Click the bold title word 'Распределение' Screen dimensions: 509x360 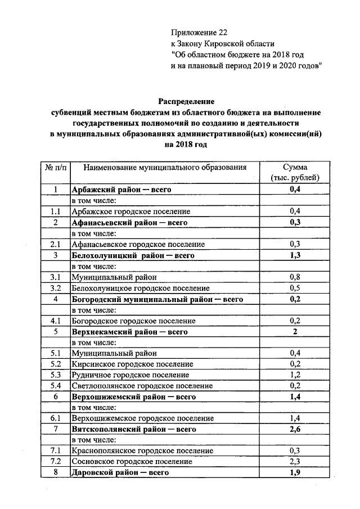pyautogui.click(x=186, y=102)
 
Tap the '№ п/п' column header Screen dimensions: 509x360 pyautogui.click(x=55, y=168)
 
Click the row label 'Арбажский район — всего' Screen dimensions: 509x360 pyautogui.click(x=121, y=190)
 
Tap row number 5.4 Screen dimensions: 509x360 pyautogui.click(x=55, y=386)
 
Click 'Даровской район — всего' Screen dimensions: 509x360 pyautogui.click(x=120, y=472)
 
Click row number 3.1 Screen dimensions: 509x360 pyautogui.click(x=55, y=277)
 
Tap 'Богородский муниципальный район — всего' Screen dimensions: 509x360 pyautogui.click(x=157, y=299)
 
